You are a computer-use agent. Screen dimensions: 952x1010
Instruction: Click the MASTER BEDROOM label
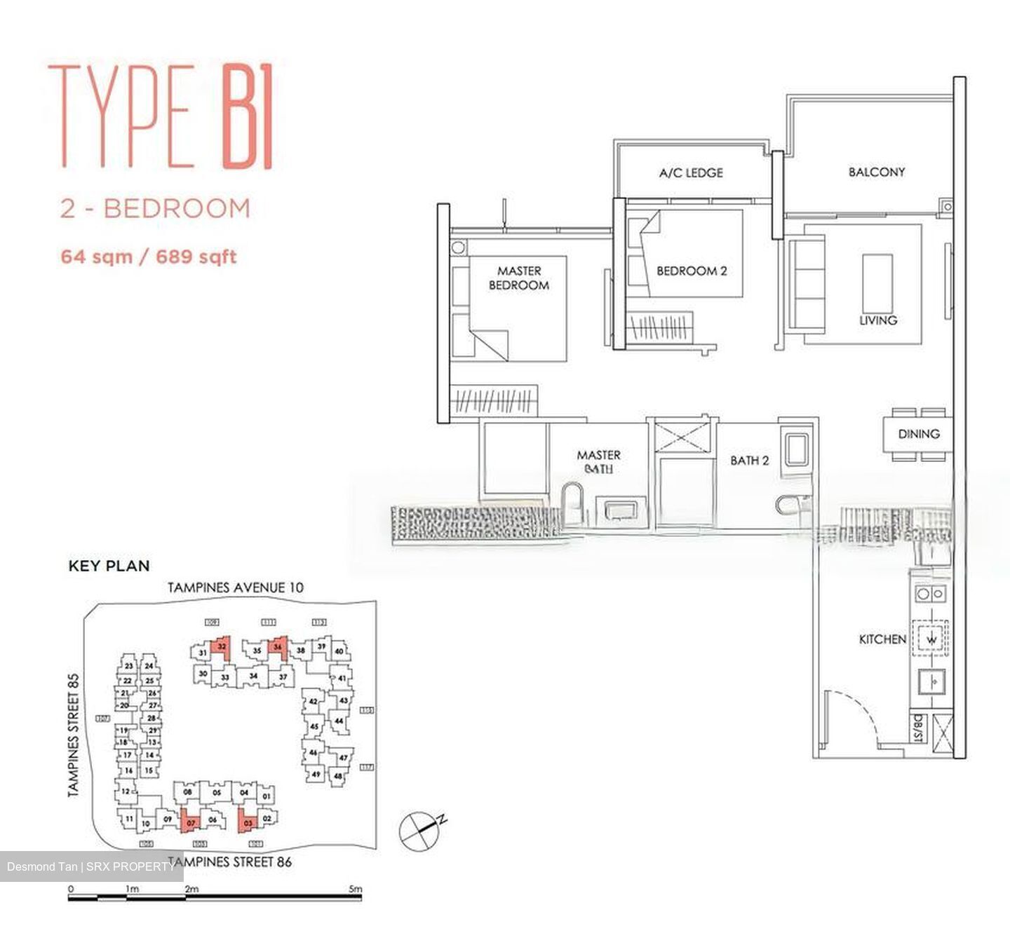pyautogui.click(x=518, y=278)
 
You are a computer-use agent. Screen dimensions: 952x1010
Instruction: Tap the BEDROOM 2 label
pyautogui.click(x=692, y=271)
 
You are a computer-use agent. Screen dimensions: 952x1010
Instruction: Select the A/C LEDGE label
pyautogui.click(x=691, y=172)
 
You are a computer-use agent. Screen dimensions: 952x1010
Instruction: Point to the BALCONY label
pyautogui.click(x=876, y=172)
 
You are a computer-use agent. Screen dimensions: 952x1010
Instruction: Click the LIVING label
pyautogui.click(x=878, y=320)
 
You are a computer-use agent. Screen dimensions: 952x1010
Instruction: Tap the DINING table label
pyautogui.click(x=918, y=434)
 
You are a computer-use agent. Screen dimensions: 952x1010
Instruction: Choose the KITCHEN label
pyautogui.click(x=882, y=639)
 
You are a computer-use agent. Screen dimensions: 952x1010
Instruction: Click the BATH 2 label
pyautogui.click(x=749, y=461)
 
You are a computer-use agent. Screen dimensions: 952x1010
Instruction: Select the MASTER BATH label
pyautogui.click(x=598, y=461)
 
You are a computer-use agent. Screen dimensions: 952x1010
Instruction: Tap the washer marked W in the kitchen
pyautogui.click(x=931, y=639)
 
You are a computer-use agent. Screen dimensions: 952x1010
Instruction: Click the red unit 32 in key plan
pyautogui.click(x=222, y=646)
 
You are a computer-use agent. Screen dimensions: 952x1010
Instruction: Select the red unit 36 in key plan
pyautogui.click(x=278, y=646)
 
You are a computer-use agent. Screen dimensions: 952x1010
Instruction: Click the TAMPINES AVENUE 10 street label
pyautogui.click(x=235, y=587)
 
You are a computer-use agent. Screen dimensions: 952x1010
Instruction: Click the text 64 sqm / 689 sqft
pyautogui.click(x=149, y=257)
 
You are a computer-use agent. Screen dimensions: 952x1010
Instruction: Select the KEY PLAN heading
pyautogui.click(x=109, y=566)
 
